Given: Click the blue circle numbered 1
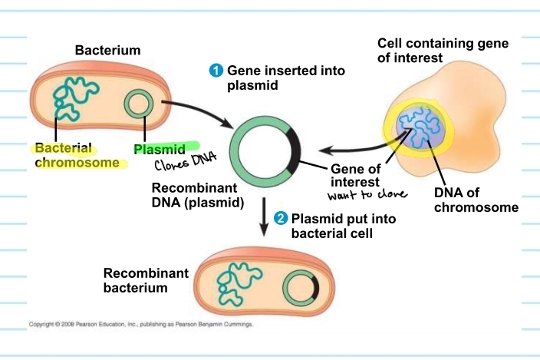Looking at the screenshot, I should pos(216,71).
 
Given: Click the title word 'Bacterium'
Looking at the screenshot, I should pos(108,51).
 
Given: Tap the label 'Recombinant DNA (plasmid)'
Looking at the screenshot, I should pos(198,196).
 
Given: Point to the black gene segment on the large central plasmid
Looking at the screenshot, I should pos(292,149).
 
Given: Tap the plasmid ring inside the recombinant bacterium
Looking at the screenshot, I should pos(301,289).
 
